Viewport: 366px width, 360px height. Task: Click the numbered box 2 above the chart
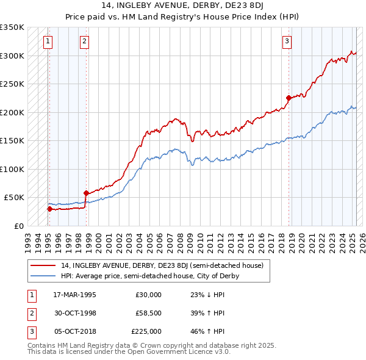point(84,41)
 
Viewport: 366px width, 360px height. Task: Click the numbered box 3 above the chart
point(287,41)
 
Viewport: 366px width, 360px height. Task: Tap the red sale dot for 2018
point(289,97)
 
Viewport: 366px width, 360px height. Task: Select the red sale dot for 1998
point(86,193)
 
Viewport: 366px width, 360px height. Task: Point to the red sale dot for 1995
point(49,209)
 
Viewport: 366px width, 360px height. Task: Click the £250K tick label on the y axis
point(12,84)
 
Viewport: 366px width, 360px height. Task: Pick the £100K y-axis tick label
point(12,169)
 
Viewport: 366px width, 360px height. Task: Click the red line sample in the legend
point(43,265)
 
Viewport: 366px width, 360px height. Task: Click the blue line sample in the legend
point(43,276)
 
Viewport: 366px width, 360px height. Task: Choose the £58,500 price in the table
point(148,313)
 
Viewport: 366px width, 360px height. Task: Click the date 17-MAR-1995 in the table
point(75,295)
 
